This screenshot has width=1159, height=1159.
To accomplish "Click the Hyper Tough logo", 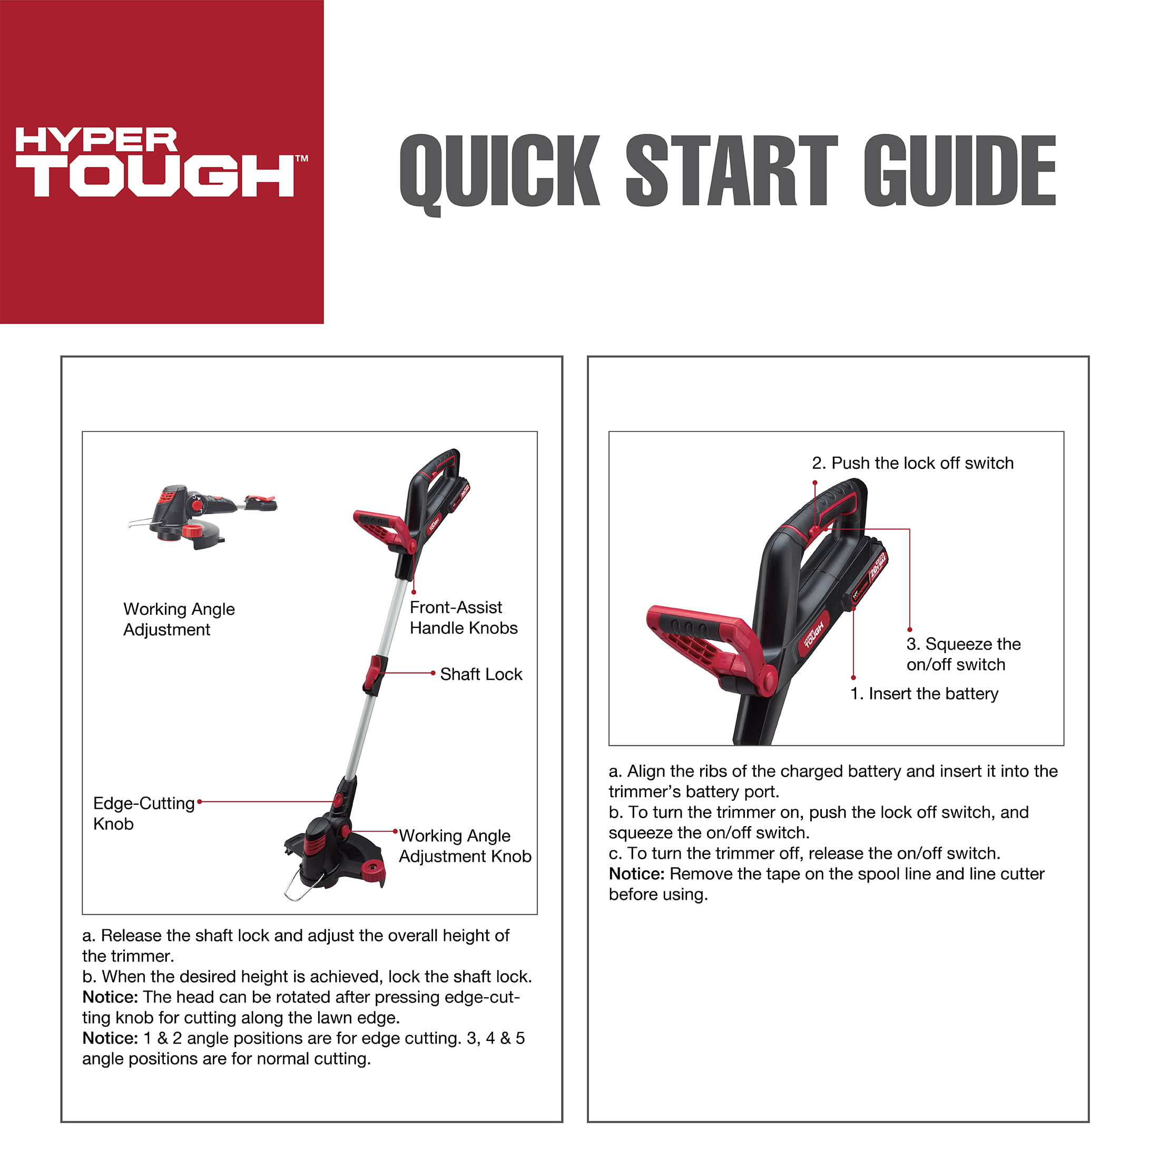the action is coord(161,161).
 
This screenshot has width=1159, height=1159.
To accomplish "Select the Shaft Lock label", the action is coord(481,674).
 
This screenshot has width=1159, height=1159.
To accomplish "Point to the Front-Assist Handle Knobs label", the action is coord(464,617).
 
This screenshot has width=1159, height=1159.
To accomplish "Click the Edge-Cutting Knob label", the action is coord(144,813).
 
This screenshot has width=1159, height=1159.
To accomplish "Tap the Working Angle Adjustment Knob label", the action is coord(465,846).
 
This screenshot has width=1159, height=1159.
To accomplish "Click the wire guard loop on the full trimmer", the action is coord(302,882).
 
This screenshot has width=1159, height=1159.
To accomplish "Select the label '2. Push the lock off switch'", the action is coord(912,463).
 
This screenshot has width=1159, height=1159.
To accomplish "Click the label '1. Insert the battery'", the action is coord(925,693).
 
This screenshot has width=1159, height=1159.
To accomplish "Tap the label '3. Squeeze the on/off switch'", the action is coord(964,654).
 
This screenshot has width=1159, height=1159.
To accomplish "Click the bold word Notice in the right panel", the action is coord(636,873).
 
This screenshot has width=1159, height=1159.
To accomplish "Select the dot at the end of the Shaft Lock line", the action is coord(433,673).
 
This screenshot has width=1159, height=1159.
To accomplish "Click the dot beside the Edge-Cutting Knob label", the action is coord(200,801).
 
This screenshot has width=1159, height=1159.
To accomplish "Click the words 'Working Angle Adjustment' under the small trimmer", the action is coord(179,619).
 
